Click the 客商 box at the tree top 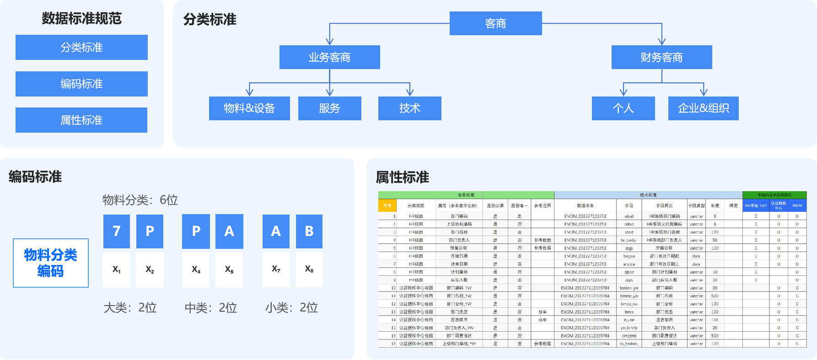(495, 23)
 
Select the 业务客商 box (329, 57)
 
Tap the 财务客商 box (661, 57)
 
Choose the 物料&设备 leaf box (249, 108)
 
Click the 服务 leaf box (329, 108)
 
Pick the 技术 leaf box (409, 108)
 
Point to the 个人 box (623, 108)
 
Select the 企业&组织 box (703, 108)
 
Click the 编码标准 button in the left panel (81, 84)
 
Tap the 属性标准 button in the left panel (81, 120)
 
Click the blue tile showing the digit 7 (117, 231)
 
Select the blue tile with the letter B (309, 231)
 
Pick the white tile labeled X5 (229, 270)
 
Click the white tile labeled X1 (117, 270)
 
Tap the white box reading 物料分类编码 (51, 263)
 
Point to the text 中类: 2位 (211, 308)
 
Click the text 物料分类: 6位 (140, 200)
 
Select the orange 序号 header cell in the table (387, 206)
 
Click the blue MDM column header (797, 206)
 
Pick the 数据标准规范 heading (81, 18)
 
